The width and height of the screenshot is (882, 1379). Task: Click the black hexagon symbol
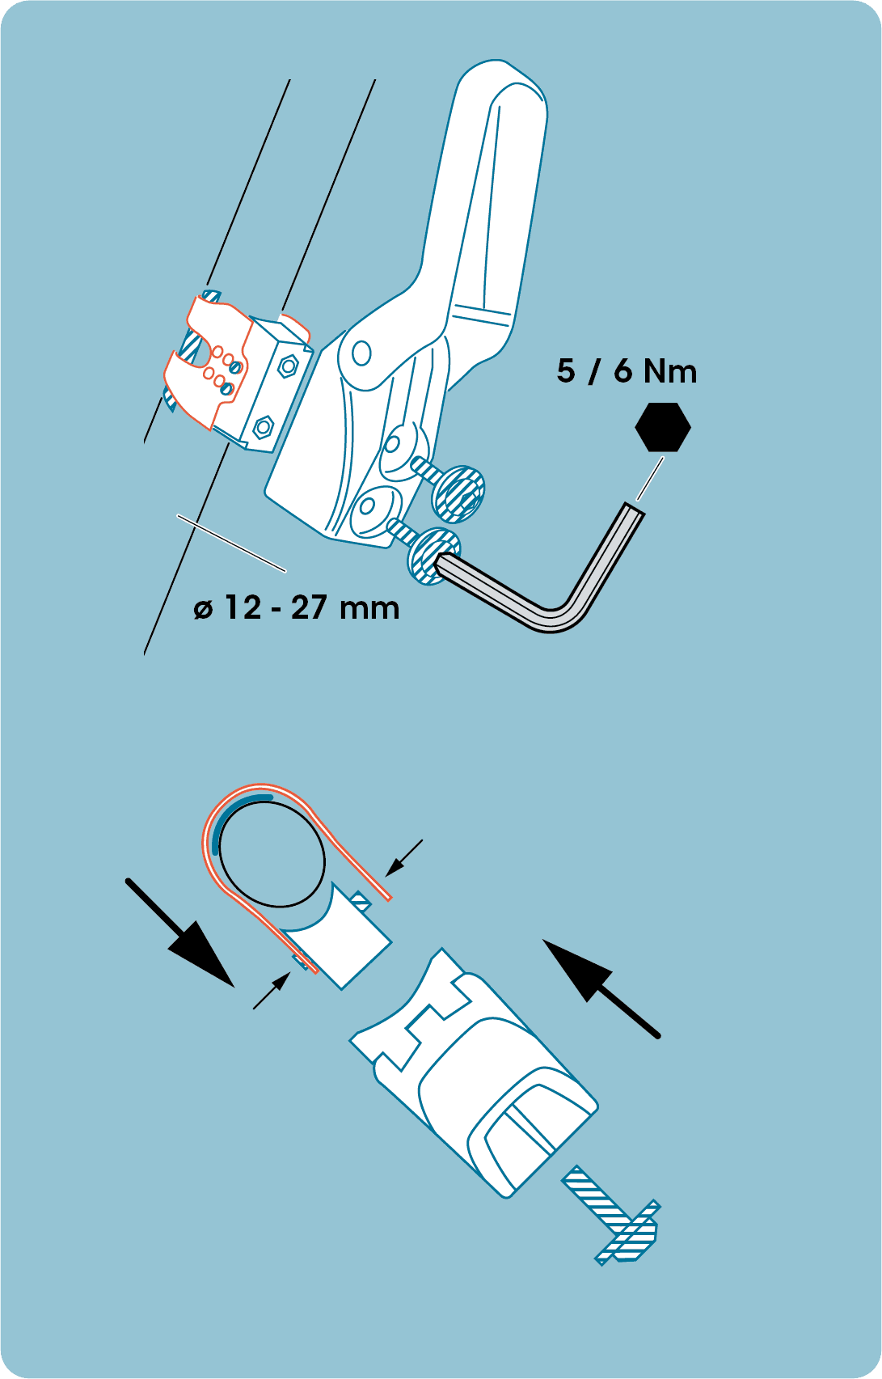point(663,427)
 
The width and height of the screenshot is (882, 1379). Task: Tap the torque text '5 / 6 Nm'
point(627,371)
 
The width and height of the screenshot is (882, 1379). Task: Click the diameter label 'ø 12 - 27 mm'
point(297,607)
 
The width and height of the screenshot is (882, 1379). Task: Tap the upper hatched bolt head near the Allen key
point(459,493)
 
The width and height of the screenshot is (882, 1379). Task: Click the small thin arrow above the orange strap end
point(403,857)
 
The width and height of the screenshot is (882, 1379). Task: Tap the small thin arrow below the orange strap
point(272,992)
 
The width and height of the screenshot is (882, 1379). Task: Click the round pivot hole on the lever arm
point(361,353)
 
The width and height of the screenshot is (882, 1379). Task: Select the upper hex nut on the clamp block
point(287,367)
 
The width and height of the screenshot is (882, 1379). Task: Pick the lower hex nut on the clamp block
point(263,425)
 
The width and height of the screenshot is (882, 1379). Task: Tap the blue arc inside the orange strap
point(234,812)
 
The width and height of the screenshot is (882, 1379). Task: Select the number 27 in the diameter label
point(307,607)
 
